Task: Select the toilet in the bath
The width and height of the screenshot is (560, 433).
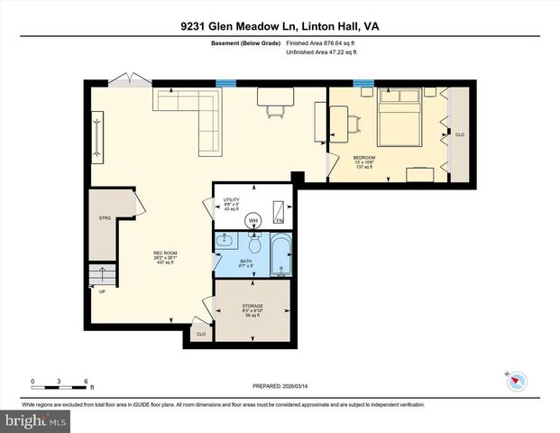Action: [x=255, y=244]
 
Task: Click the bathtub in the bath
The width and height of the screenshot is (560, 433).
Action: [x=280, y=254]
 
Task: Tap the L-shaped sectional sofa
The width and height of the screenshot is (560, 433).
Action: [x=190, y=115]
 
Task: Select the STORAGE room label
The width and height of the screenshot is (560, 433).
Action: [x=252, y=307]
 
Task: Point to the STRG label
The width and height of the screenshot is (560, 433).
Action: [x=105, y=217]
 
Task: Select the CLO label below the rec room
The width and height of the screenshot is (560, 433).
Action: [x=200, y=334]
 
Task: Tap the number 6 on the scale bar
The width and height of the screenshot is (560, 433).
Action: [x=85, y=380]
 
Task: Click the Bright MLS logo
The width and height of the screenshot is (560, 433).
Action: [x=36, y=421]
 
